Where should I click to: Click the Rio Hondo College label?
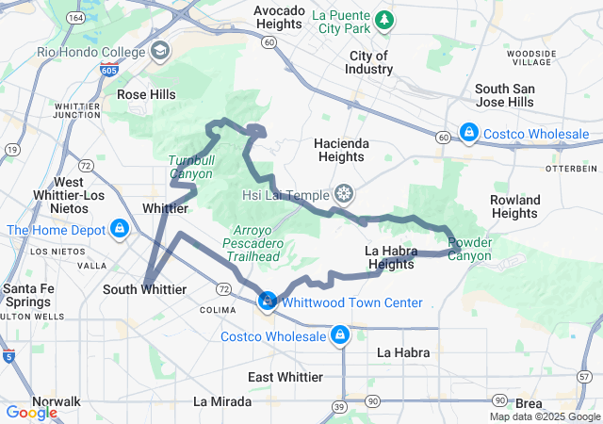[x=90, y=51]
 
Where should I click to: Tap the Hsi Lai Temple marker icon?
[x=346, y=194]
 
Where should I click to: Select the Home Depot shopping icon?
[x=119, y=229]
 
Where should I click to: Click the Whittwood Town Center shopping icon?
[x=269, y=301]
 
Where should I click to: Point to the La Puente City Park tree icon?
[x=384, y=19]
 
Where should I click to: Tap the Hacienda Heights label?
[x=340, y=150]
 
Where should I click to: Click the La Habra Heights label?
[x=389, y=257]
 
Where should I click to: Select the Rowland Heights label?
[x=515, y=206]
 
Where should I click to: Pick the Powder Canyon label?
[x=468, y=249]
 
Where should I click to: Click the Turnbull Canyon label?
[x=191, y=167]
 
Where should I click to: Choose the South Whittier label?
[x=144, y=289]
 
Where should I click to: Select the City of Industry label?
[x=370, y=62]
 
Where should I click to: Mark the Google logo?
[x=31, y=413]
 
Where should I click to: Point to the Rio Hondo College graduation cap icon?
[x=160, y=50]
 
